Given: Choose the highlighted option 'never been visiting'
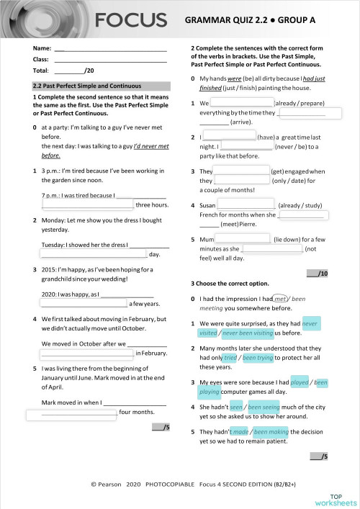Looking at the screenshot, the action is (248, 333).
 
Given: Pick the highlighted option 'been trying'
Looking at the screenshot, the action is (260, 357).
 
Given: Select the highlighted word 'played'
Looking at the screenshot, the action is (300, 382).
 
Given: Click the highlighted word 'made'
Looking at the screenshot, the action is (240, 431).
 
